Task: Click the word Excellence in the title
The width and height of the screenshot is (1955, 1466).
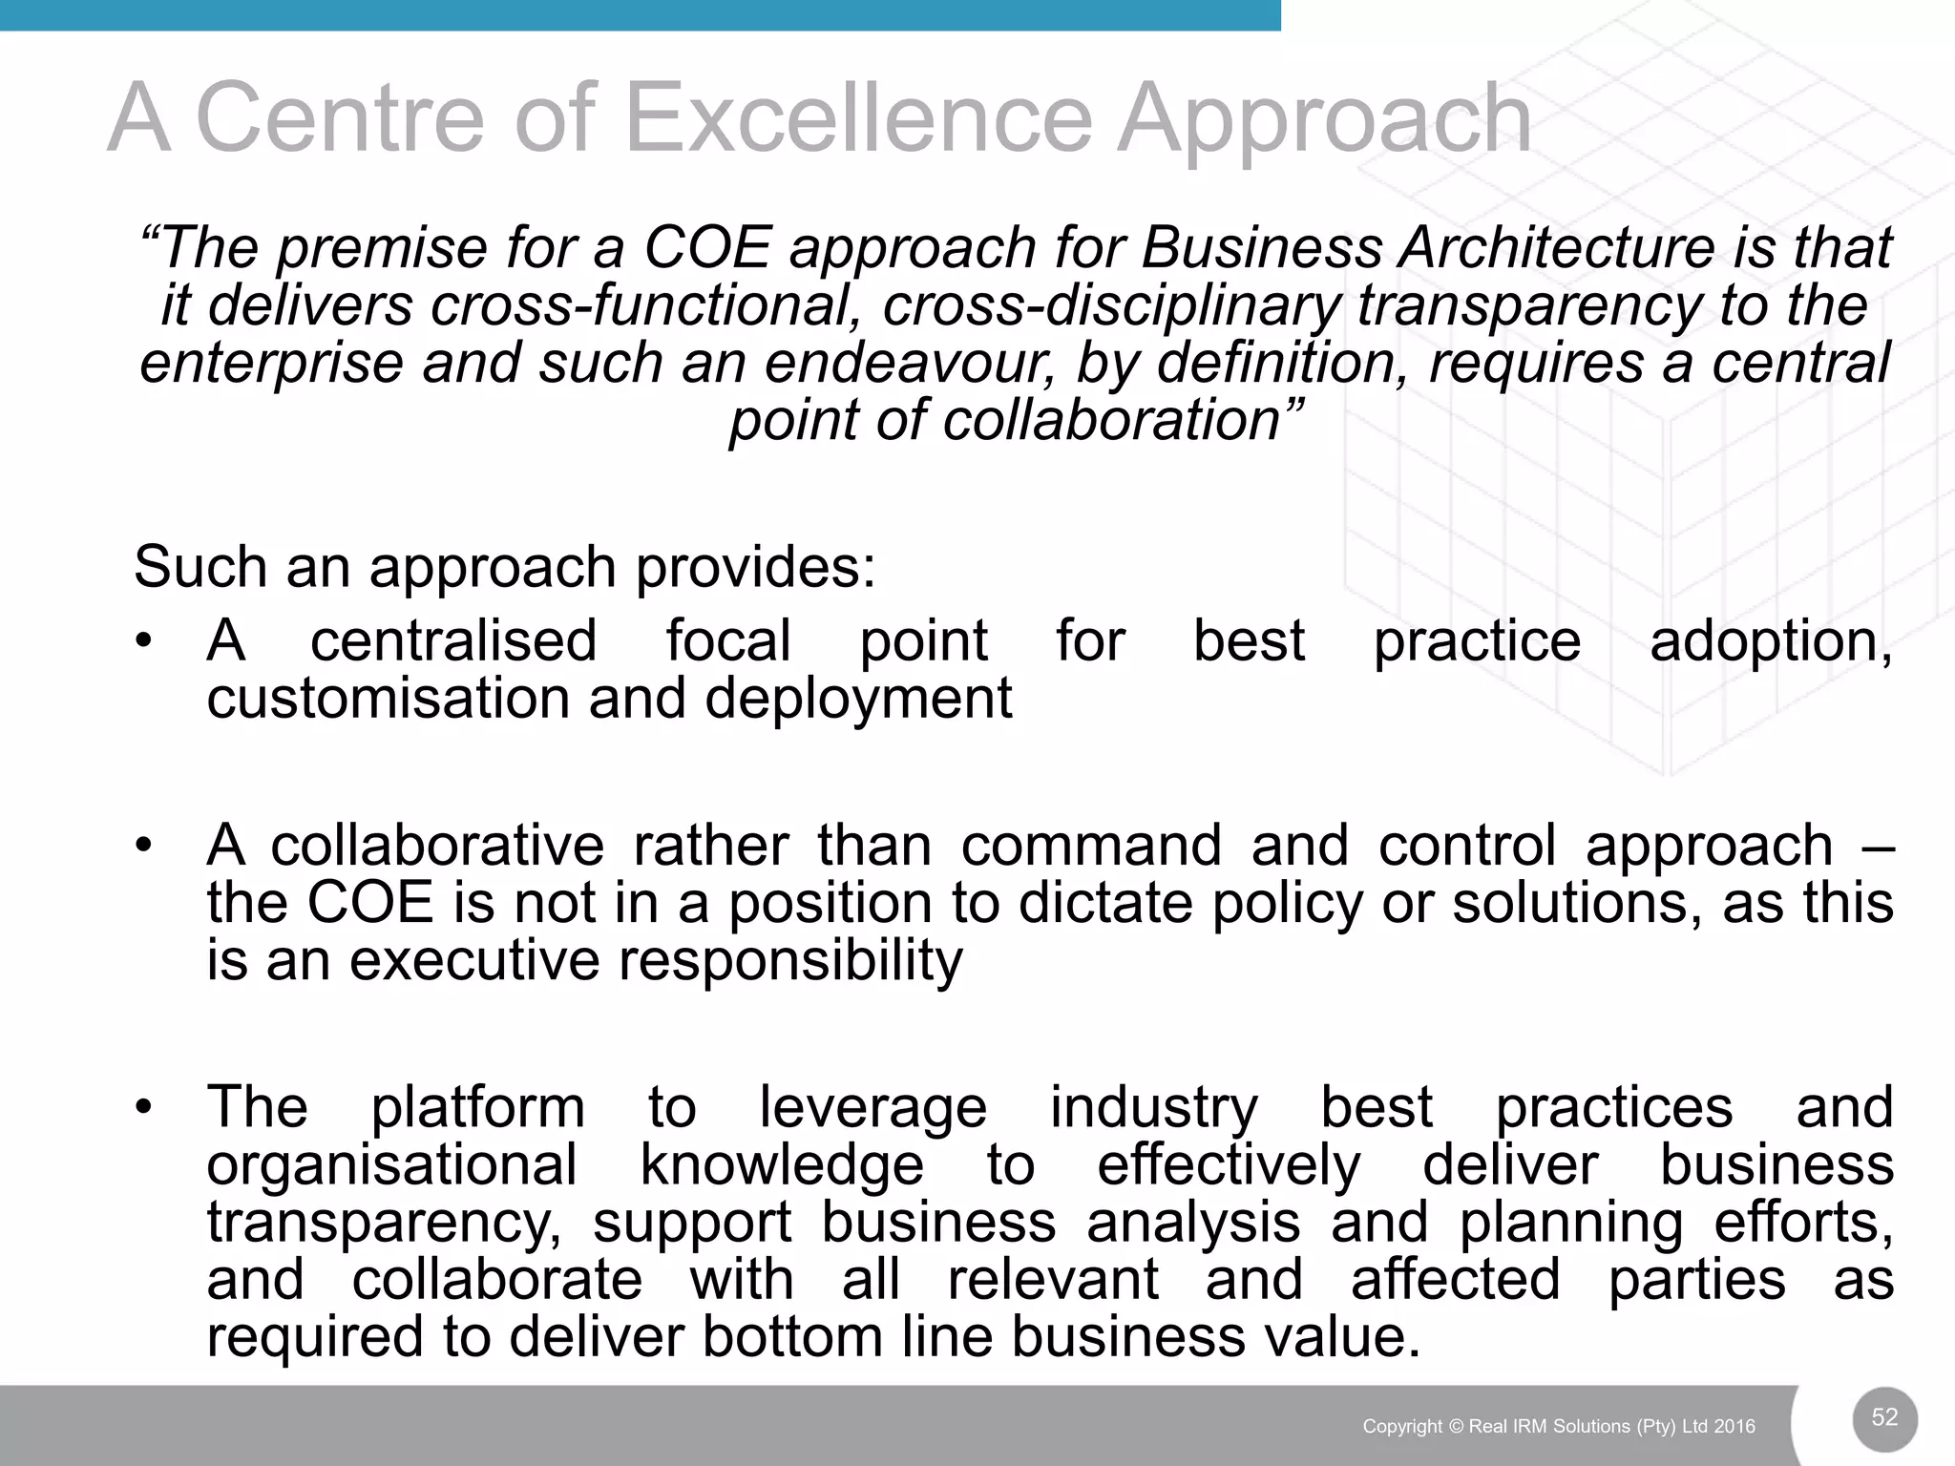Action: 857,118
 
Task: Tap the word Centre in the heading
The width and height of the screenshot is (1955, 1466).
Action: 339,118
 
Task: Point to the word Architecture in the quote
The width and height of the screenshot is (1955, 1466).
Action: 1557,248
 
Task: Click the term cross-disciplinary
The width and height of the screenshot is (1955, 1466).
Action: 1110,305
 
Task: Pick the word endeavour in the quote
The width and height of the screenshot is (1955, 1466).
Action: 910,364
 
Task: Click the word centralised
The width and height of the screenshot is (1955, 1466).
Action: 453,640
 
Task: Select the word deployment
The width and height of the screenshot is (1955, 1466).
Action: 858,699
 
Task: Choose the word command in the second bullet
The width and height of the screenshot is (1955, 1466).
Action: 1091,846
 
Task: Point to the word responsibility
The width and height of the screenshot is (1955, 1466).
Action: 790,960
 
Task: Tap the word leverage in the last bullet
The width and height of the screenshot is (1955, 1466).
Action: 872,1107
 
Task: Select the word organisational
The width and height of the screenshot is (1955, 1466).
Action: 391,1165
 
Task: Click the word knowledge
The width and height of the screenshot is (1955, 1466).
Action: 782,1165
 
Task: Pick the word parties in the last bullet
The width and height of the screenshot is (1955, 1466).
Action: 1696,1280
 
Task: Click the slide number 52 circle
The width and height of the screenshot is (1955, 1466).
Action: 1884,1417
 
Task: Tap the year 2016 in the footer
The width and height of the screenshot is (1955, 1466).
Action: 1734,1426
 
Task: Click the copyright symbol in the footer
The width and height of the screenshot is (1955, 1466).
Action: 1456,1426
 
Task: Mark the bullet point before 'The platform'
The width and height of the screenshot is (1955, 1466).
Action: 143,1107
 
